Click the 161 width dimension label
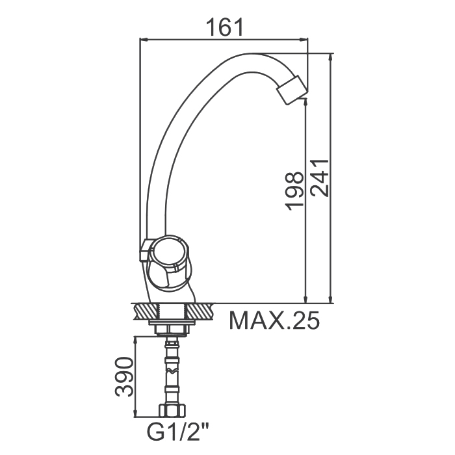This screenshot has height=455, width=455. [x=224, y=27]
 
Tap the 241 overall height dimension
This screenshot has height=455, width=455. [x=319, y=178]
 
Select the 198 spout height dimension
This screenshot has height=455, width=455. [x=294, y=191]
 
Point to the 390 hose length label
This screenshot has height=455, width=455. [x=124, y=376]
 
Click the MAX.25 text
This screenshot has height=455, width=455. [x=274, y=320]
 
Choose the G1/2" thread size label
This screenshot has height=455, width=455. [x=178, y=432]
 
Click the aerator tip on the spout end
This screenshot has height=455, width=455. [x=292, y=90]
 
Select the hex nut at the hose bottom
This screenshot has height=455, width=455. [x=172, y=410]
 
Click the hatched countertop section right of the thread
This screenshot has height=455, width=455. [x=200, y=311]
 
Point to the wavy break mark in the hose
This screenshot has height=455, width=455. [x=172, y=370]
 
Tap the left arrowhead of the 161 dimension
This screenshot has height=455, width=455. [x=144, y=40]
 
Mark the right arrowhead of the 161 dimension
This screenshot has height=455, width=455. [x=304, y=40]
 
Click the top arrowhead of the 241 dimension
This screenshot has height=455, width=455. [x=330, y=58]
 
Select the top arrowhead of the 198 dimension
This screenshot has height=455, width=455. [x=305, y=103]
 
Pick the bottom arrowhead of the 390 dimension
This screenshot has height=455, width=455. [x=135, y=413]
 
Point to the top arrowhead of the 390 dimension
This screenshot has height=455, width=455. [x=135, y=341]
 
